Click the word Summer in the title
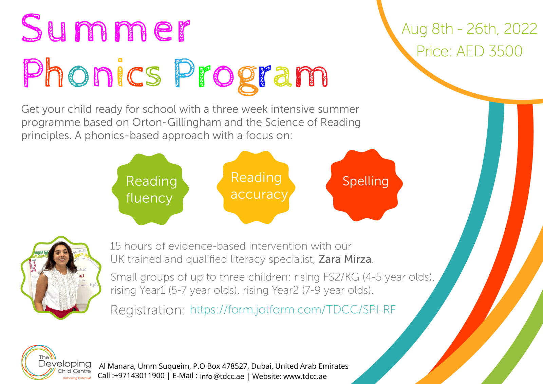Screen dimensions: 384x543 tap(105, 29)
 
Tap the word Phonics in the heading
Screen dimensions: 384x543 tap(92, 73)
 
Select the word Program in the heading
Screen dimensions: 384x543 tap(251, 75)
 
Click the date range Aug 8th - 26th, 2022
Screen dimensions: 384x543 tap(469, 29)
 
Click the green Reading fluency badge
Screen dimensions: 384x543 tap(150, 189)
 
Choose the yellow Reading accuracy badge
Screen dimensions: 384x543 tap(256, 187)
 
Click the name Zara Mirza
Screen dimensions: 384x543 tap(345, 259)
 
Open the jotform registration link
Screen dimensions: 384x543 tap(293, 310)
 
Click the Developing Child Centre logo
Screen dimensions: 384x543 tap(56, 363)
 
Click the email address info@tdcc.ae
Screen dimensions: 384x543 tap(222, 376)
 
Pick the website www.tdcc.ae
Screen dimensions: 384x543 tap(305, 376)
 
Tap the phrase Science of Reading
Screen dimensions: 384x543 tap(313, 122)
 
